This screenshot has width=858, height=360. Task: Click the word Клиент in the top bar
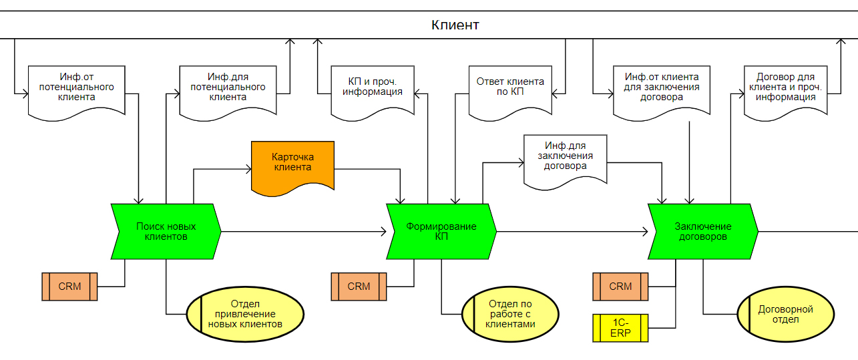click(x=455, y=25)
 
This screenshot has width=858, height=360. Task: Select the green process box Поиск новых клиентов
click(x=166, y=231)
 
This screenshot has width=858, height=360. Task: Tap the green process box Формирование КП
click(x=441, y=231)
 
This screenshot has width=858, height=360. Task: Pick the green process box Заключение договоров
click(x=703, y=231)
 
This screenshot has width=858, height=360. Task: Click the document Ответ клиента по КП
click(x=509, y=90)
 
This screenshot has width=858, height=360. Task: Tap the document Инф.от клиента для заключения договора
click(x=661, y=90)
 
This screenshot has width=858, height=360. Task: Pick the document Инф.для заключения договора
click(x=565, y=160)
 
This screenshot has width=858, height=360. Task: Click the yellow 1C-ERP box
click(x=620, y=328)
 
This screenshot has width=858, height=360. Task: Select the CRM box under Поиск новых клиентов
click(x=69, y=287)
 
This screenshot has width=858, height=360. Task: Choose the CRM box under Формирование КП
click(x=359, y=287)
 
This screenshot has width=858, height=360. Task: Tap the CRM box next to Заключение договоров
click(x=620, y=287)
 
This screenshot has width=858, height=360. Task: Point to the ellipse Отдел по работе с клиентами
click(x=510, y=313)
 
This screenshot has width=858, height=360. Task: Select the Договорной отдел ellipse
click(x=785, y=314)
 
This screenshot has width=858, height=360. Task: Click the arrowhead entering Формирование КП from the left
click(x=383, y=232)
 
